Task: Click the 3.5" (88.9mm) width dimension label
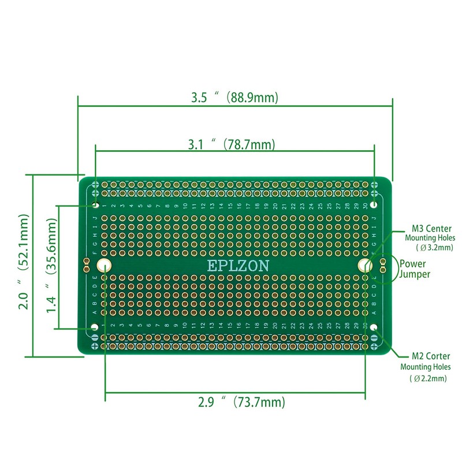coord(234,98)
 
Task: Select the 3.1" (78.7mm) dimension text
coord(232,144)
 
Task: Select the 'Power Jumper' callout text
coord(415,269)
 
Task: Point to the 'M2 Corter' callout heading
coord(431,356)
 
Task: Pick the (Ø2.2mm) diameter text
coord(428,378)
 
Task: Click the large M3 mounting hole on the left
coord(104,265)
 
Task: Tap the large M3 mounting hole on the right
coord(365,265)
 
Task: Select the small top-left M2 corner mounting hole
coord(95,204)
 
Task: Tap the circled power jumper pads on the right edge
coord(382,265)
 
